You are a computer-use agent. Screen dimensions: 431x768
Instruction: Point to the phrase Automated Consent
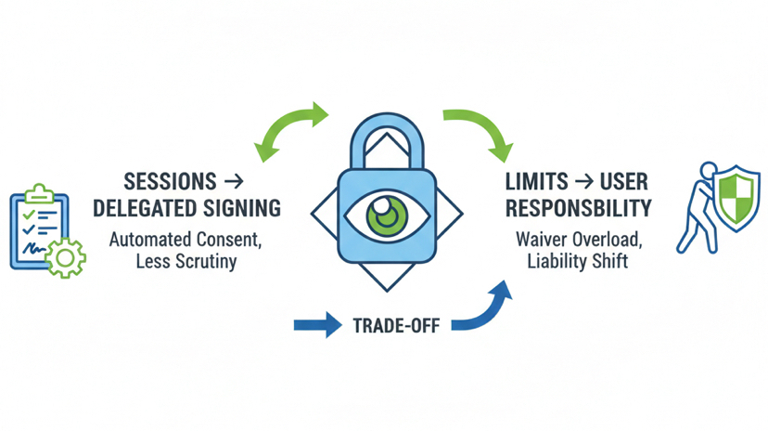click(186, 239)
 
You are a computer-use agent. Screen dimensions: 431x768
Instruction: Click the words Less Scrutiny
click(186, 261)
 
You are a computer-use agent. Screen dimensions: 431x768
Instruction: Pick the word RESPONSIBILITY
click(578, 207)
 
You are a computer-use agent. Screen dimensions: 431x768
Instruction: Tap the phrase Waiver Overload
click(578, 239)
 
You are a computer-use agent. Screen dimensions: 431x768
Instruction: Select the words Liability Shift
click(578, 261)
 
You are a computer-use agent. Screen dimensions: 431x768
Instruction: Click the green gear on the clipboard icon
click(65, 256)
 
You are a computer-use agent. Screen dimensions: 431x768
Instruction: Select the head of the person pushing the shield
click(710, 172)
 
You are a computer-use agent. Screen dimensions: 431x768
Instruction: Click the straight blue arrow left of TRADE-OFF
click(317, 326)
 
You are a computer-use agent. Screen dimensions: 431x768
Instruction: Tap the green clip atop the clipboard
click(39, 191)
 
